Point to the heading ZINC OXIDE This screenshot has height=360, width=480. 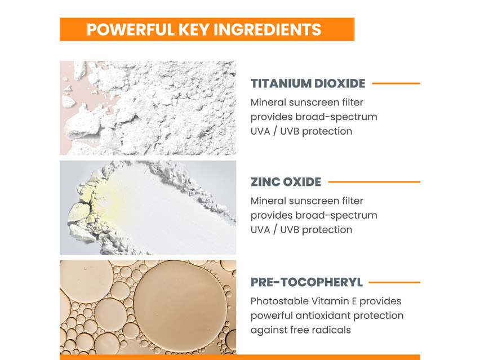point(286,182)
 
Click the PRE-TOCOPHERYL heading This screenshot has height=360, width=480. point(306,282)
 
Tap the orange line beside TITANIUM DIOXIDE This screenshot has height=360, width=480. point(396,83)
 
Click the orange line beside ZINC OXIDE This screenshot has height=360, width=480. point(374,182)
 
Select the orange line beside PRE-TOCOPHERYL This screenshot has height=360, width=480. point(394,282)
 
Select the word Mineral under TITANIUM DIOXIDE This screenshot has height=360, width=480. point(268,103)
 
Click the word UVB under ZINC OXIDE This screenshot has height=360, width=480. point(287,229)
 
